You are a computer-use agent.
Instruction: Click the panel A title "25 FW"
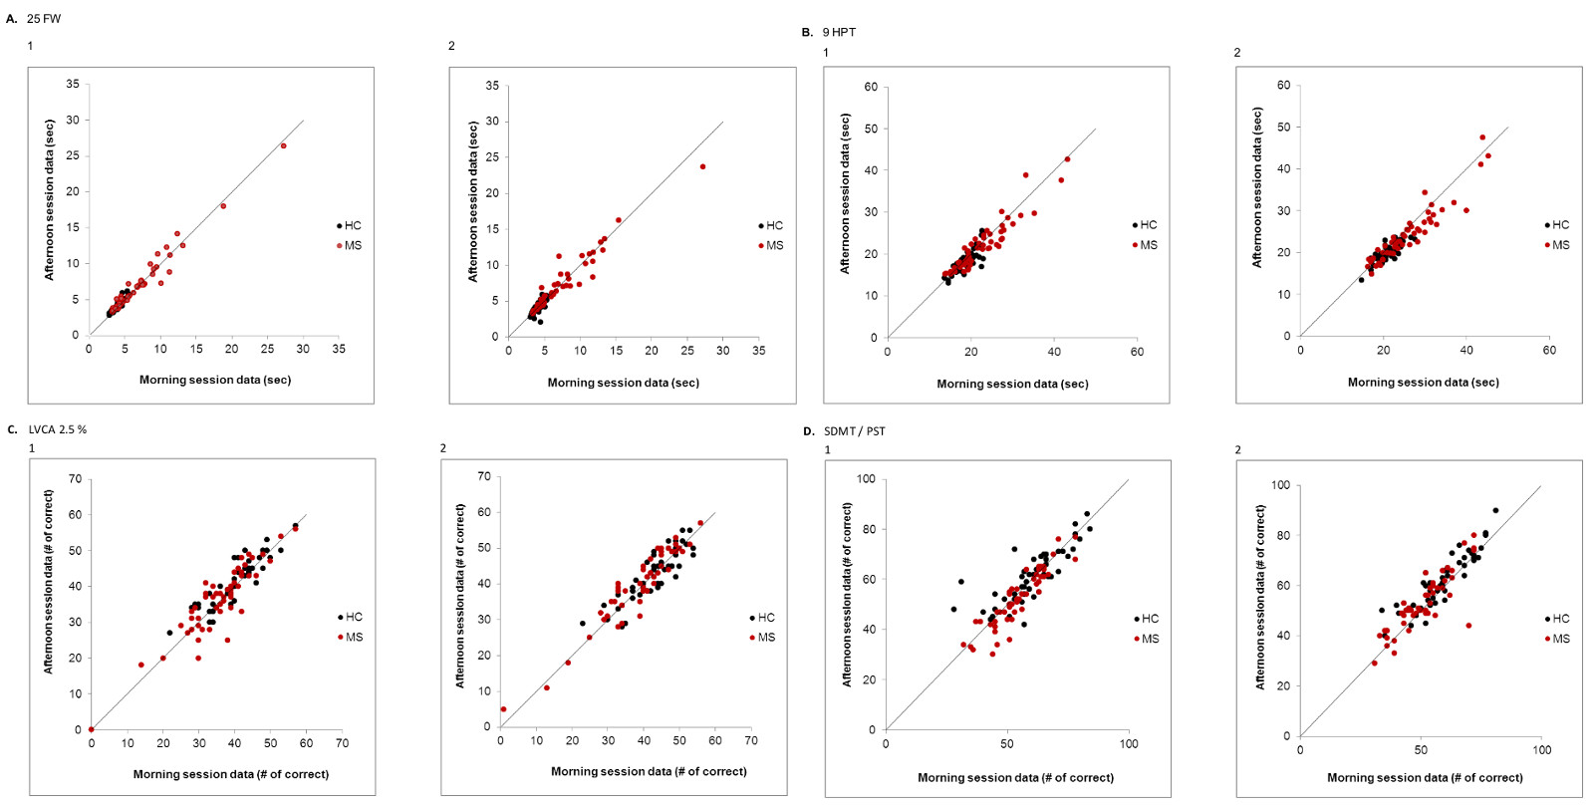44,19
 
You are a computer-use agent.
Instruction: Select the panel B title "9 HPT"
839,32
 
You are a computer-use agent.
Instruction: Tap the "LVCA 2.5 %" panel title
58,429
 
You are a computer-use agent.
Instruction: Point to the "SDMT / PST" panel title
855,431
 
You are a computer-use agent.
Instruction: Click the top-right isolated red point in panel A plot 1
283,145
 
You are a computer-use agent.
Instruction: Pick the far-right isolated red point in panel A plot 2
702,166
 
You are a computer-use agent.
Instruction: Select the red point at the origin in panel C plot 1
91,729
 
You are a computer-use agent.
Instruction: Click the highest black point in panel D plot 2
1495,510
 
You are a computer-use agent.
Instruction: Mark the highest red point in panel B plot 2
1482,137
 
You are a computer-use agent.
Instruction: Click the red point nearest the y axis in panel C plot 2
503,709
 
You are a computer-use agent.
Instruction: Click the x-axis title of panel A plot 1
215,380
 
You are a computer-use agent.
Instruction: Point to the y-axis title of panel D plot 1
847,595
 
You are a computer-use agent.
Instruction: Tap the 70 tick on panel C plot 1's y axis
75,479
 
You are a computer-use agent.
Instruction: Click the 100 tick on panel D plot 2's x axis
1541,750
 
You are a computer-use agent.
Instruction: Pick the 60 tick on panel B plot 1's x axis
1137,352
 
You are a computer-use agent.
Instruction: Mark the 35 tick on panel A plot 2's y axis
492,86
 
